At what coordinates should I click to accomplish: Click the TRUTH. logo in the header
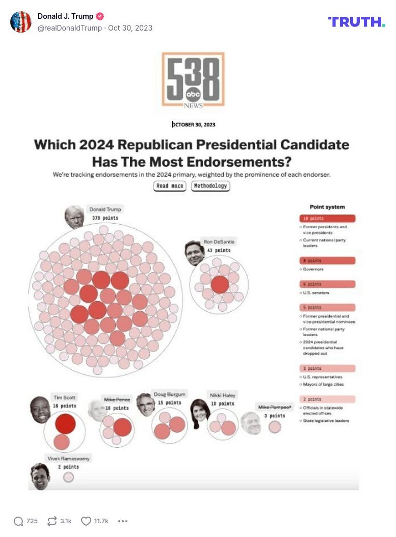click(x=356, y=21)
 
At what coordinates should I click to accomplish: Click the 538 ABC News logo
click(x=193, y=80)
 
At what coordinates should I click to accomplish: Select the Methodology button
click(x=210, y=186)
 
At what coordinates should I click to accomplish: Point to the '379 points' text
click(x=105, y=218)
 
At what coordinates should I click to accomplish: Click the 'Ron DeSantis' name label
click(x=219, y=241)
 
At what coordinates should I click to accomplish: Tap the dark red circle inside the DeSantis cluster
click(x=220, y=284)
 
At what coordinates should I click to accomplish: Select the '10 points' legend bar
click(x=327, y=219)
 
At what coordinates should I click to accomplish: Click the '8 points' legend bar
click(x=327, y=261)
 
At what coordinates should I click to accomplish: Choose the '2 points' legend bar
click(x=327, y=399)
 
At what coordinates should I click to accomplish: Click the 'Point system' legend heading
click(x=327, y=207)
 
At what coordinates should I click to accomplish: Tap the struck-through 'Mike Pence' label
click(x=117, y=399)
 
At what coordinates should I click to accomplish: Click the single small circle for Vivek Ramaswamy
click(x=68, y=477)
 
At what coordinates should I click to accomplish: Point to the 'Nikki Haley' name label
click(x=222, y=395)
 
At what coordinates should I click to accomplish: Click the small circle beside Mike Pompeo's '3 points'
click(x=275, y=427)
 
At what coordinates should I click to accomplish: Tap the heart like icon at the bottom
click(x=86, y=521)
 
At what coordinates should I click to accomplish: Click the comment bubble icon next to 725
click(x=18, y=521)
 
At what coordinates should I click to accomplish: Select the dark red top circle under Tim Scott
click(x=65, y=424)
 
